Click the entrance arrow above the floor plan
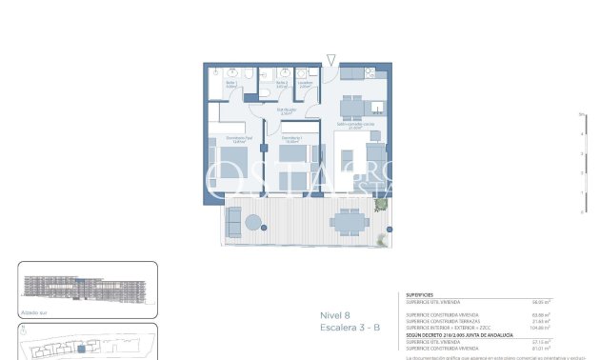[330, 61]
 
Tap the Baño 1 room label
[231, 85]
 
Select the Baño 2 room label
[283, 85]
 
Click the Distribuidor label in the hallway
[287, 111]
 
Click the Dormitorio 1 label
[291, 139]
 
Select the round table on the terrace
[253, 223]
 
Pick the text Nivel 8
[334, 315]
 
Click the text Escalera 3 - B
[350, 328]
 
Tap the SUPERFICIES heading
[420, 295]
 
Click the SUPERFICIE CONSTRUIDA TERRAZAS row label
[444, 320]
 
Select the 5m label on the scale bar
[580, 114]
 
